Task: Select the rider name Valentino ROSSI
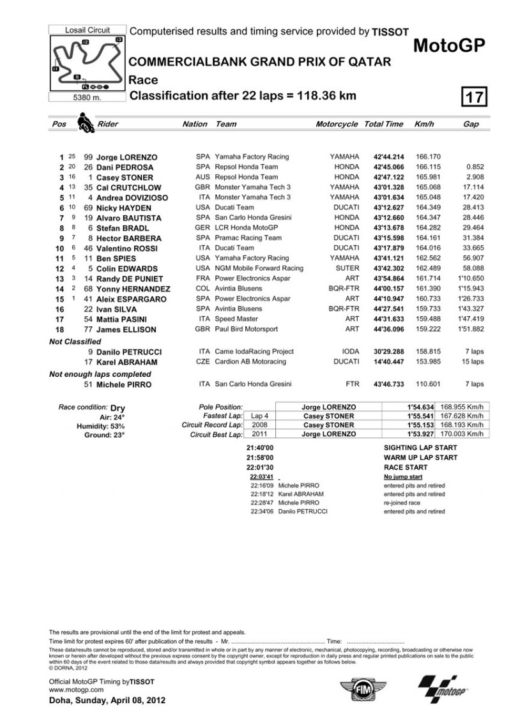(128, 248)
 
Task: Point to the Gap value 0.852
(473, 167)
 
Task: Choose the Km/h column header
(424, 124)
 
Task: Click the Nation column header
(195, 124)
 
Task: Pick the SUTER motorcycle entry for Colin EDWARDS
(347, 269)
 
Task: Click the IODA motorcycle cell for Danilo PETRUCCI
(349, 352)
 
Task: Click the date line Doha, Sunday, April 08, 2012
(107, 701)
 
